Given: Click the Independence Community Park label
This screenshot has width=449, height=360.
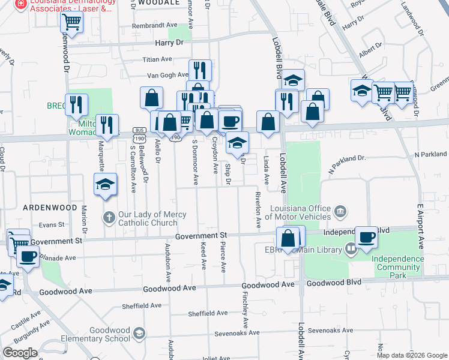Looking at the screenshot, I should [397, 267].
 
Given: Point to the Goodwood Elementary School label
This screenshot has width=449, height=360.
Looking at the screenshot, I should [110, 334].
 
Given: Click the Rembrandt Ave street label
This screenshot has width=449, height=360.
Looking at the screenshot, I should [155, 25].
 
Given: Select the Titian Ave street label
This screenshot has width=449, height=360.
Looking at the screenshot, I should [157, 59].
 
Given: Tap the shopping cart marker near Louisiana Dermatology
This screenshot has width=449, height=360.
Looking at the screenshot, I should [71, 23].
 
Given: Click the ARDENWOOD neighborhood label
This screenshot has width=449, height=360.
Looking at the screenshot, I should [50, 208].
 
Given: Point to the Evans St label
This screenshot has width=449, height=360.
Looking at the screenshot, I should [52, 224].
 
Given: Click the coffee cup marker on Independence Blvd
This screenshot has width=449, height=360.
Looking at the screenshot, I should [366, 236].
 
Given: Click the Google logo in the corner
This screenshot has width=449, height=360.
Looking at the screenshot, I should [20, 352].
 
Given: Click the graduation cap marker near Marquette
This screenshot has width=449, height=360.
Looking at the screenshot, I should [105, 184].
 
